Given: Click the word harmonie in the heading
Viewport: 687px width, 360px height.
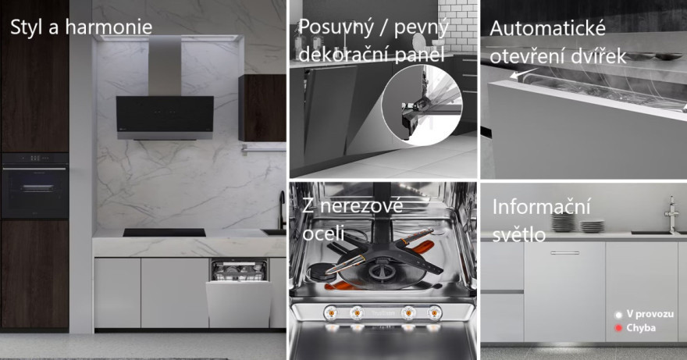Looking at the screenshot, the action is [109, 27].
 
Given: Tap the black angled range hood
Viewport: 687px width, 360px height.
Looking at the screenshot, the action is [165, 117].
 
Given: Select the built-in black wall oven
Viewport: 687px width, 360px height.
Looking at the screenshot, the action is [34, 186].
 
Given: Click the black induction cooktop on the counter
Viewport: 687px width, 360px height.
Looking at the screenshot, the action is [164, 233].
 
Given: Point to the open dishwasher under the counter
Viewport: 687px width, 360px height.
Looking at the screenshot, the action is [239, 293].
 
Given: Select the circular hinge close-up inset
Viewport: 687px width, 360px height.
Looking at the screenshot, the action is [422, 105].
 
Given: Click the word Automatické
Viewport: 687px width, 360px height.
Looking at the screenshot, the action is [548, 28].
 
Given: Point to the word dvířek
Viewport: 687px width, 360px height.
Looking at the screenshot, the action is [600, 56].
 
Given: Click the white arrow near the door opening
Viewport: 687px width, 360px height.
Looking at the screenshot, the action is [524, 73].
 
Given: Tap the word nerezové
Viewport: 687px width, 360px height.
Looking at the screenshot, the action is [361, 206].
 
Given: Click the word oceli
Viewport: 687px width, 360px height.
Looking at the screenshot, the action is [323, 233].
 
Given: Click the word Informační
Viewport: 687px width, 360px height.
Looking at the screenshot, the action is [542, 206].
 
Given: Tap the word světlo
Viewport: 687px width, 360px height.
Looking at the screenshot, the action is [519, 234].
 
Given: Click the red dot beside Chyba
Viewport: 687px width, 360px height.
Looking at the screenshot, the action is [618, 328].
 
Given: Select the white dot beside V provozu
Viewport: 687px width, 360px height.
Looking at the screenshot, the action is [618, 315].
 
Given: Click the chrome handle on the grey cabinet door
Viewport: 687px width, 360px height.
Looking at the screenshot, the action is [564, 253].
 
